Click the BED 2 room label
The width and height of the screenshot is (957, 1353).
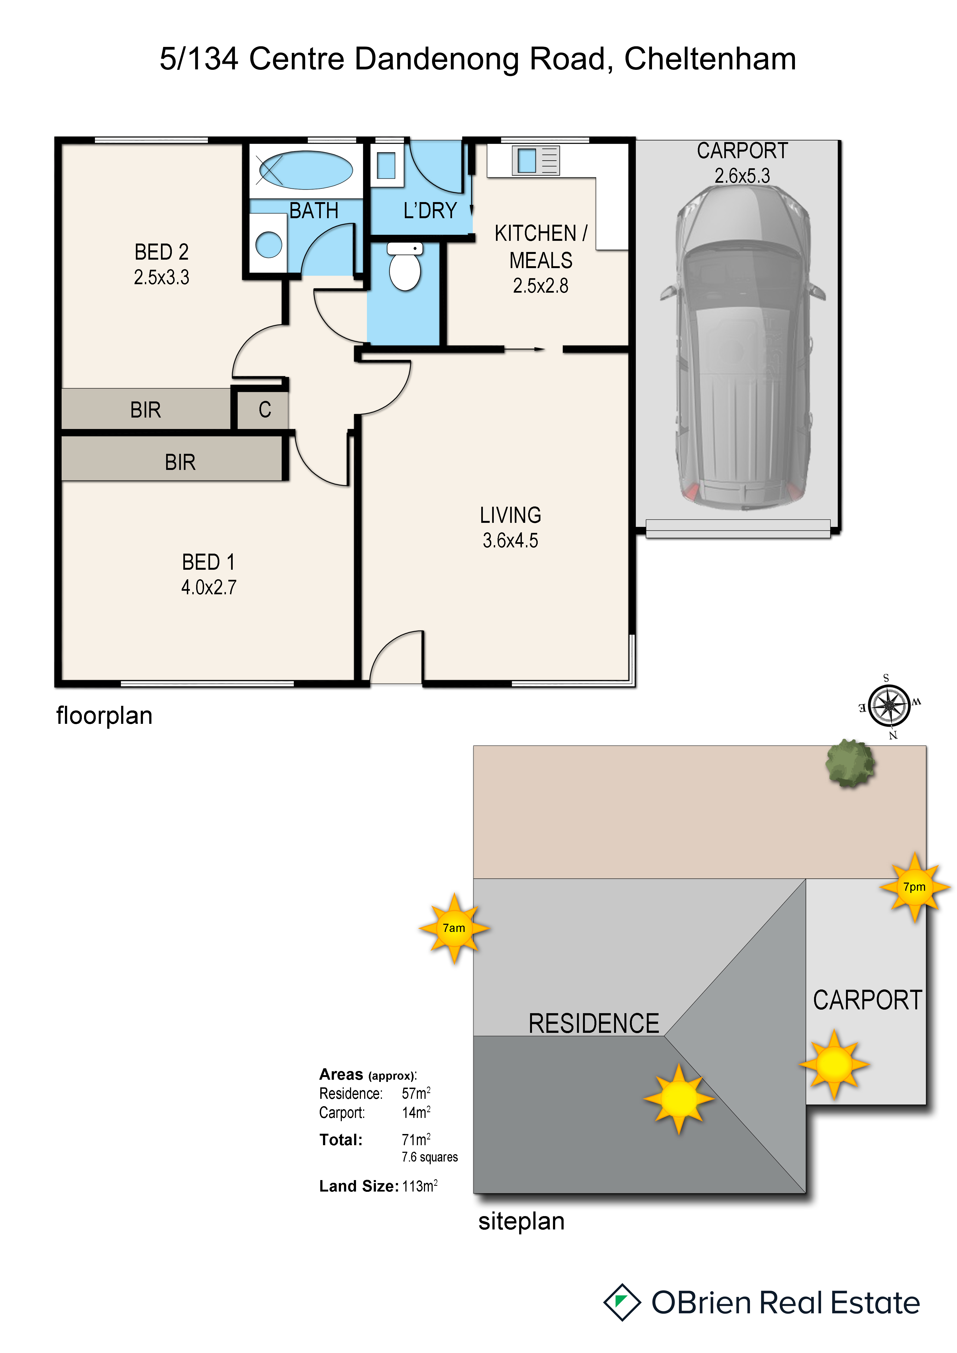[x=162, y=252]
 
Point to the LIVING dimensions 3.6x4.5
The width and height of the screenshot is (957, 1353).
[x=510, y=540]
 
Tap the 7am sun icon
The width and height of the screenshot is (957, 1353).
[x=454, y=928]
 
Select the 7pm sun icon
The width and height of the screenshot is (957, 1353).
[x=914, y=887]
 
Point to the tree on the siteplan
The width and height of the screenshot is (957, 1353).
[x=850, y=764]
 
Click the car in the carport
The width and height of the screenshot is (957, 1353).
[x=743, y=348]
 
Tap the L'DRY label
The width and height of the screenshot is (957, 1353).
[x=430, y=210]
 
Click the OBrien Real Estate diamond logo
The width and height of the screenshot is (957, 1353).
[x=622, y=1302]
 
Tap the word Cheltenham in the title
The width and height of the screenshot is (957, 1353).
[x=710, y=59]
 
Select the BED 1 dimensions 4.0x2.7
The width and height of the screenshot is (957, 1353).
[x=209, y=587]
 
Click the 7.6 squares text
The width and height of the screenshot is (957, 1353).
[x=430, y=1157]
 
